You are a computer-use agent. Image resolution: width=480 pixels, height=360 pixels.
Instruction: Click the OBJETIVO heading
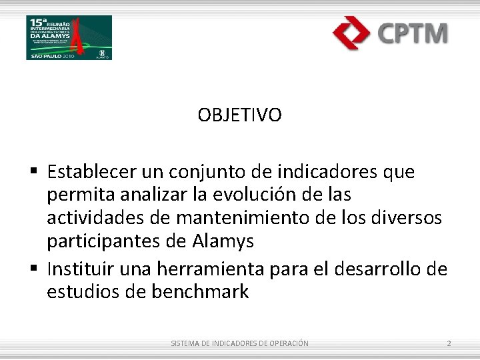tap(239, 115)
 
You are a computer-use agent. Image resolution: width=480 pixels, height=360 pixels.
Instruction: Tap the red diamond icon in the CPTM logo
tap(351, 33)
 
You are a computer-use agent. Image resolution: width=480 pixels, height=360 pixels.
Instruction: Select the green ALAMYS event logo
tap(69, 37)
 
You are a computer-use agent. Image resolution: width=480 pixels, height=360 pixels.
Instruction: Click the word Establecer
tap(92, 172)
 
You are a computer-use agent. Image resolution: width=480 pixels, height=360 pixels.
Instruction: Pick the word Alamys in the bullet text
tap(222, 241)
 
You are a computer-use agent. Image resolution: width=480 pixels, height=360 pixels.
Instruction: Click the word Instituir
tap(81, 269)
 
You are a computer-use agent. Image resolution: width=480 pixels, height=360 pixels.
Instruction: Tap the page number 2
tap(449, 343)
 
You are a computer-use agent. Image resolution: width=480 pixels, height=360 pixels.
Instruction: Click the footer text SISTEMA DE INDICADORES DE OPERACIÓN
tap(239, 343)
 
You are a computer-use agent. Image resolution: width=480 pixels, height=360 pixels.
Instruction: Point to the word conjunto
tap(201, 172)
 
